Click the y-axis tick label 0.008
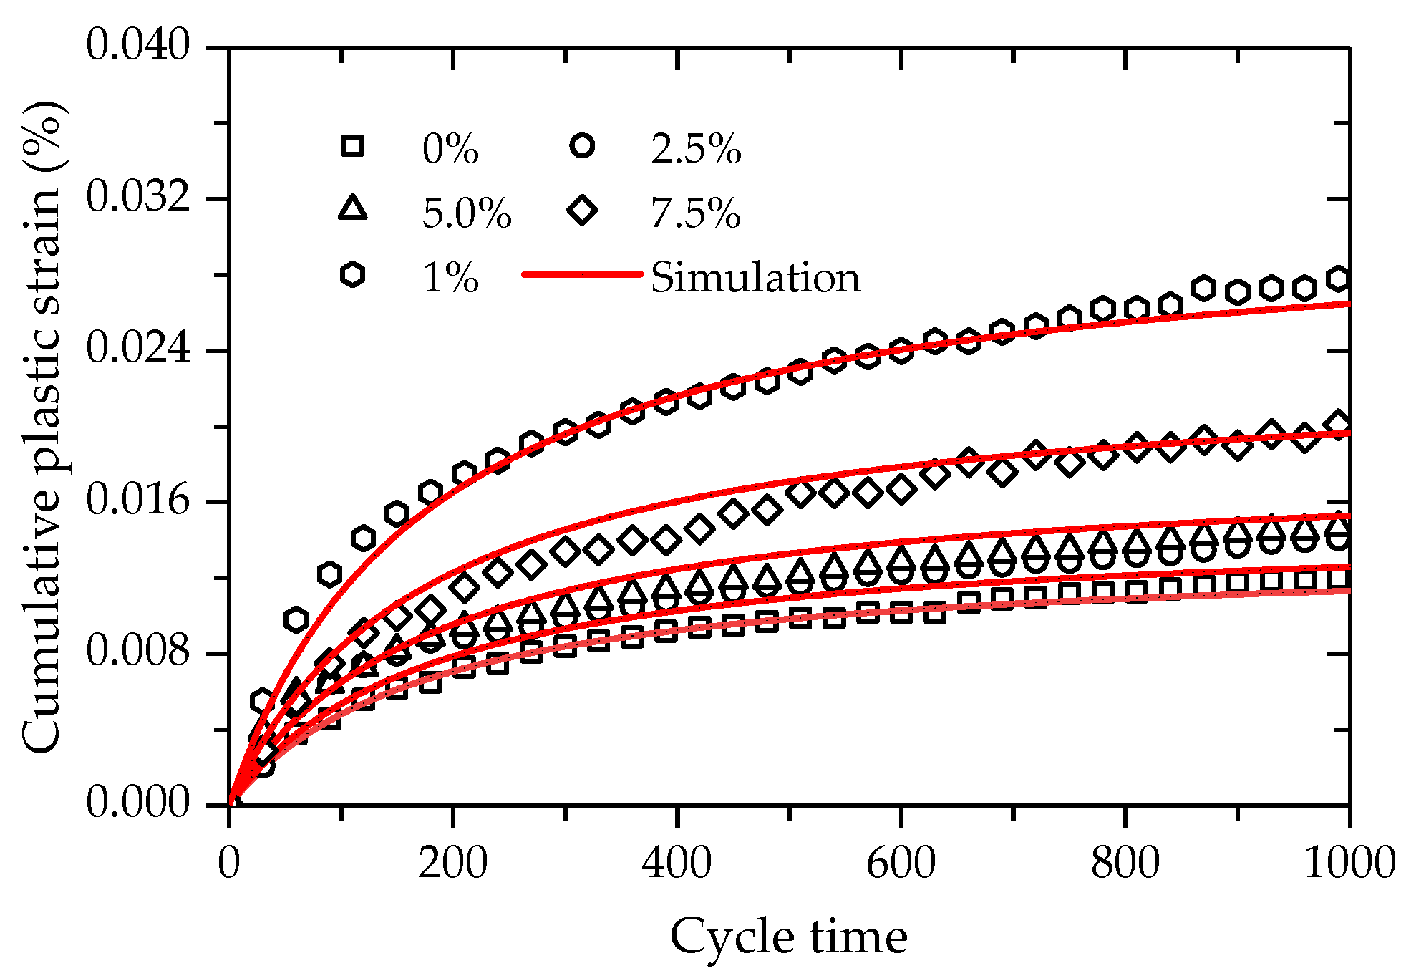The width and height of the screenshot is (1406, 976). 138,652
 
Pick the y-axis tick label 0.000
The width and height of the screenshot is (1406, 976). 138,803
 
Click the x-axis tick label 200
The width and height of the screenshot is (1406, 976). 452,863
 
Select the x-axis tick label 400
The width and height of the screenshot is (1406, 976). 677,863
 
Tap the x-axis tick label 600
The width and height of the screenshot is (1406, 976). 901,863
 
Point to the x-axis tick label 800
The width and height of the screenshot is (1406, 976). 1125,863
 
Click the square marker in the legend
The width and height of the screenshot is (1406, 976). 352,146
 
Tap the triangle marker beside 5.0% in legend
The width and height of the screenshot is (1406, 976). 352,209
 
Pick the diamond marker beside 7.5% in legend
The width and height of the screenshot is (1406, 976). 583,211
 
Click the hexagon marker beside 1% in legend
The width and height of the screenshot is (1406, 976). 352,274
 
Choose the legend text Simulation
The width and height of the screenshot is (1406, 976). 755,278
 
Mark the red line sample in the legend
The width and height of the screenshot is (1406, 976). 581,274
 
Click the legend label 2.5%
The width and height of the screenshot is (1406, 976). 696,150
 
